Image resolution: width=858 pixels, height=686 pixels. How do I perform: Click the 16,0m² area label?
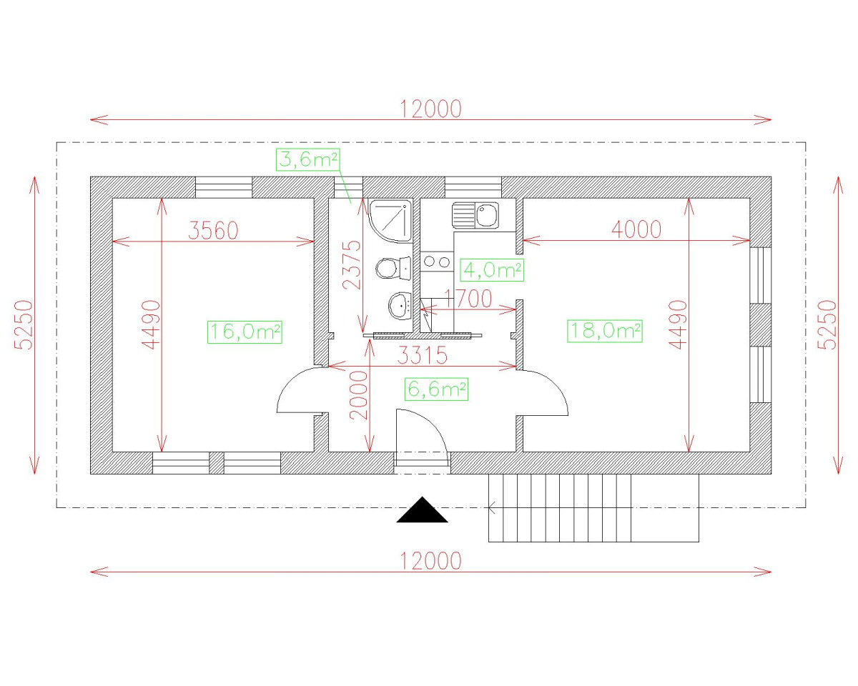tap(245, 332)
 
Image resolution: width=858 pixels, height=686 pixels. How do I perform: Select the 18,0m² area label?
tap(604, 331)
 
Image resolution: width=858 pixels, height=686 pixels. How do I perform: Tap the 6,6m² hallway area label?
tap(436, 389)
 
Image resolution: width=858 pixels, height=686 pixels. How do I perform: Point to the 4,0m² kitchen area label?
tap(492, 270)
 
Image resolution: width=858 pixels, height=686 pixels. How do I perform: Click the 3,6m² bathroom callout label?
tap(307, 160)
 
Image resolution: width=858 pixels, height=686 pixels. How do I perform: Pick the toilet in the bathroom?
tap(393, 268)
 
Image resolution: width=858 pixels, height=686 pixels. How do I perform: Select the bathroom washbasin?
tap(400, 306)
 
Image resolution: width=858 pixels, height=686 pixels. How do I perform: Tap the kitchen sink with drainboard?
tap(475, 215)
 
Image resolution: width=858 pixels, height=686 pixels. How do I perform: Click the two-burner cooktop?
tap(437, 262)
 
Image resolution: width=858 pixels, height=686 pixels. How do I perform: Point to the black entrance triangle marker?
tap(422, 509)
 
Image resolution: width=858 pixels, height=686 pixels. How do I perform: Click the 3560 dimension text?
tap(213, 230)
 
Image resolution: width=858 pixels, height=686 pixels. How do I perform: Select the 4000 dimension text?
tap(636, 229)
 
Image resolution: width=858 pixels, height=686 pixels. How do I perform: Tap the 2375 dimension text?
tap(352, 264)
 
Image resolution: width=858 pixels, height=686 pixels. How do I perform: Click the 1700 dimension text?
tap(468, 299)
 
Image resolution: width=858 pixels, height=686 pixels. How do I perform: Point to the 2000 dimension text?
tap(359, 395)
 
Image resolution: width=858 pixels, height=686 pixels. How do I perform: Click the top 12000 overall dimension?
tap(430, 109)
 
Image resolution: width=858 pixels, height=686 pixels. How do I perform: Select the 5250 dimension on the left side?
tap(24, 325)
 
